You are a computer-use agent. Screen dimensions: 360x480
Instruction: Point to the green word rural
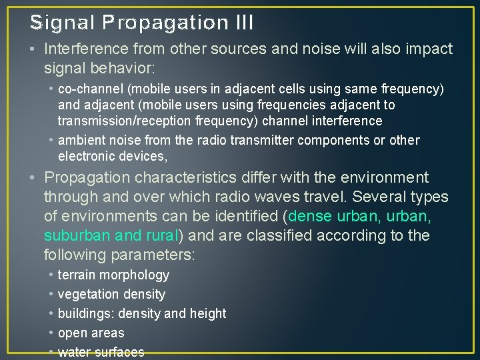[x=162, y=236]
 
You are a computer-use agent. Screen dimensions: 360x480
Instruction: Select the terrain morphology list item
[x=113, y=275]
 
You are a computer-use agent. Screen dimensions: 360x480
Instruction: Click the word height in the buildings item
[x=208, y=313]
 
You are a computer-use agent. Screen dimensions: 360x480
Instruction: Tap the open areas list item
[x=91, y=333]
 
